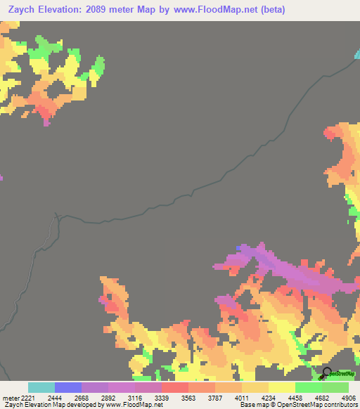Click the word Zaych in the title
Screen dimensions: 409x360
pos(20,9)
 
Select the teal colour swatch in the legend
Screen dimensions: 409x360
pos(41,387)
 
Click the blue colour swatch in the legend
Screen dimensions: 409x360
pos(68,387)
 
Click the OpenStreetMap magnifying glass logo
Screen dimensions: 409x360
pos(328,374)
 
